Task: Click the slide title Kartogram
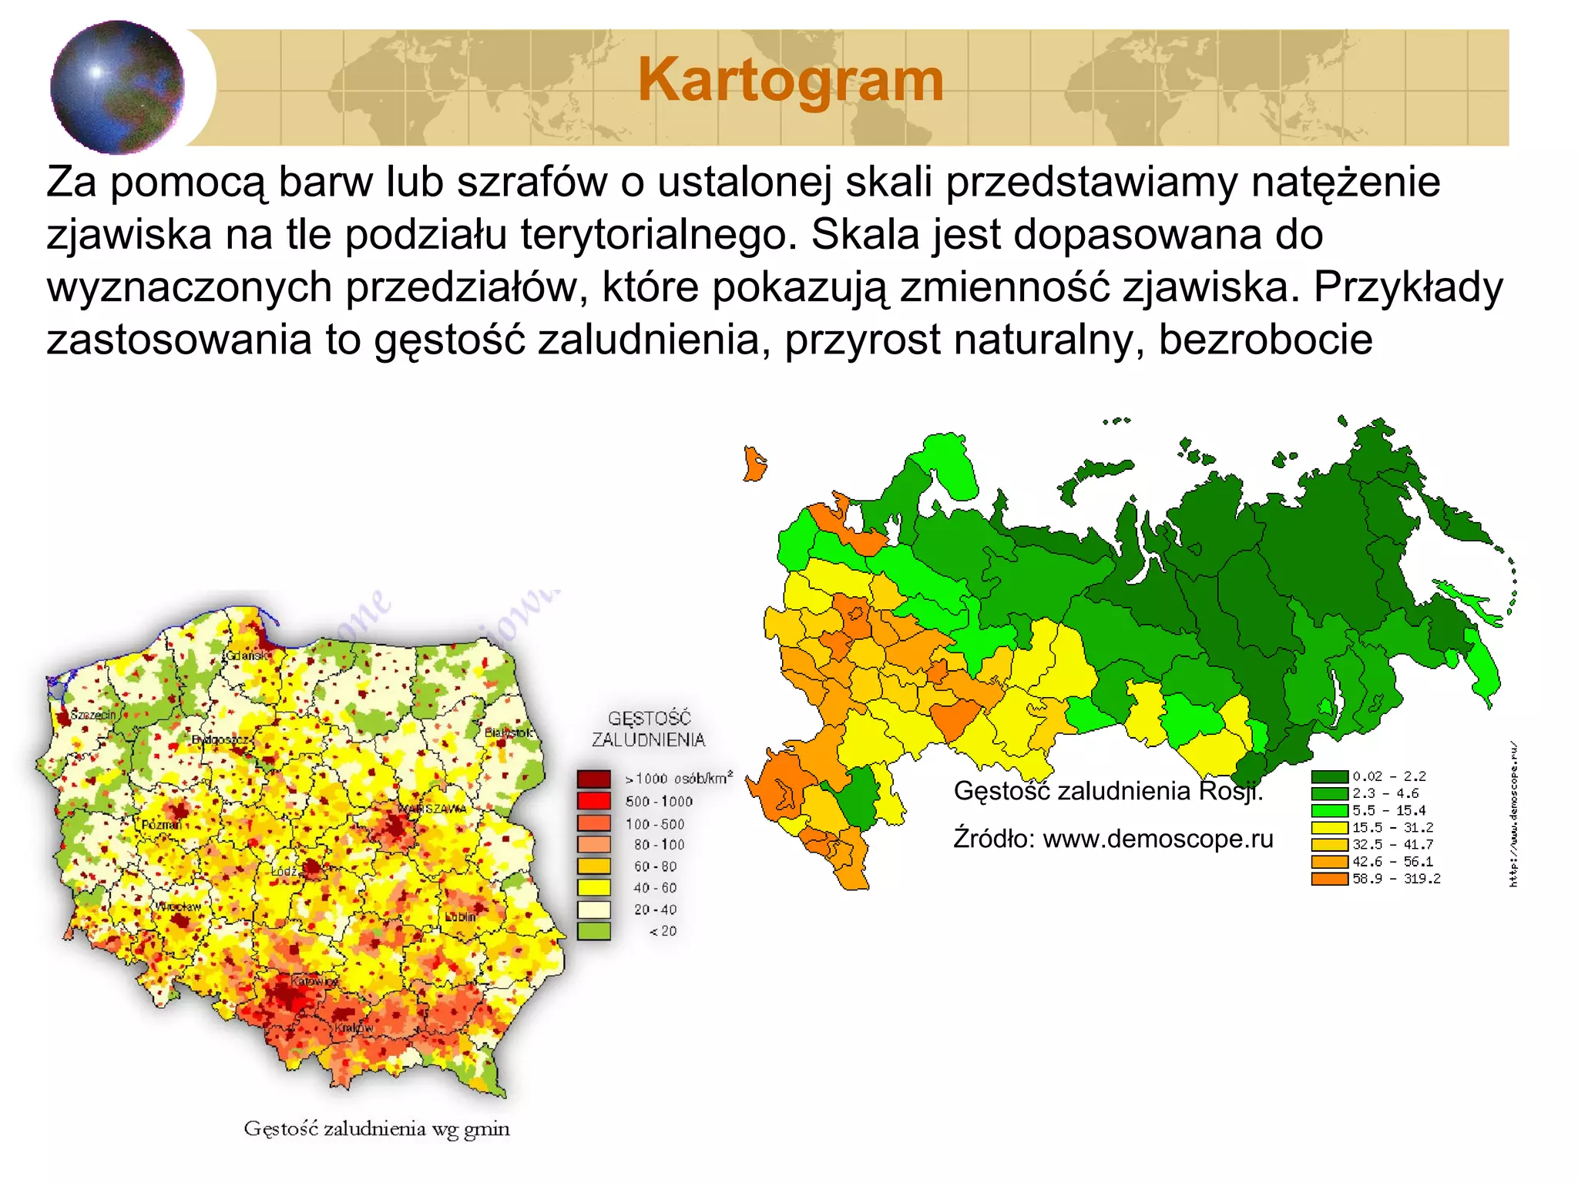coord(791,80)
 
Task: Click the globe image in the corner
coord(117,87)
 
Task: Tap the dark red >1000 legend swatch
coord(593,779)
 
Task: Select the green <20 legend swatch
coord(593,931)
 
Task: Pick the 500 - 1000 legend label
coord(659,802)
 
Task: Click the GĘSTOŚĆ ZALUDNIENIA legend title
coord(649,729)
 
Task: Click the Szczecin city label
coord(92,715)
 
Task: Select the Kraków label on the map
coord(354,1028)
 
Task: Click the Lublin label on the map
coord(460,917)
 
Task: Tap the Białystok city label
coord(508,732)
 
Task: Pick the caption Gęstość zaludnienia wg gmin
coord(377,1129)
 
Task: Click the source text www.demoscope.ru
coord(1157,839)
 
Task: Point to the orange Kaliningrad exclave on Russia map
coord(754,464)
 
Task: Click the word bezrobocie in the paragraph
coord(1265,340)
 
